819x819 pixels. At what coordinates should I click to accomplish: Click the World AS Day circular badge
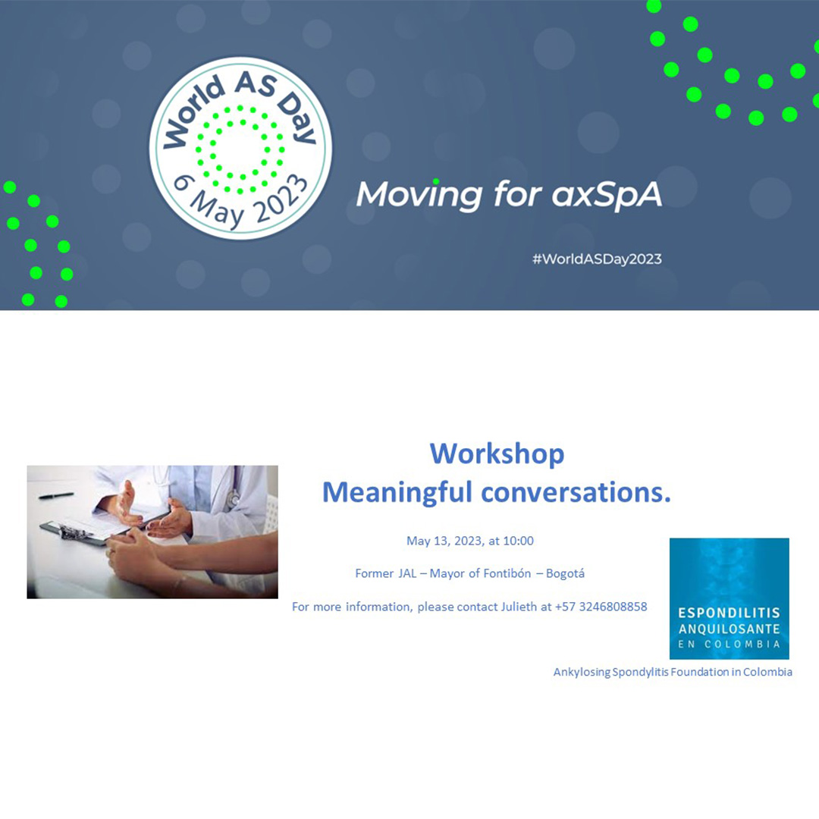click(240, 149)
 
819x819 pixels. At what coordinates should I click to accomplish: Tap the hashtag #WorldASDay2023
click(597, 259)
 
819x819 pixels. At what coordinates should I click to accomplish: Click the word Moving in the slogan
click(419, 196)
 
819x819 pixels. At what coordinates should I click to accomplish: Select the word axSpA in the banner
click(607, 196)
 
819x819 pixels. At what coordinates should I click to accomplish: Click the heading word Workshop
click(497, 453)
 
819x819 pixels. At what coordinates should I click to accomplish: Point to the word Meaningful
click(397, 493)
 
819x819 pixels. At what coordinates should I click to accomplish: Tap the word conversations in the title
click(572, 493)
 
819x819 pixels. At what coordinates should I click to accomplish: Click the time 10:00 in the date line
click(518, 541)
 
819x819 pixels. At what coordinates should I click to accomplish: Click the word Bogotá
click(565, 573)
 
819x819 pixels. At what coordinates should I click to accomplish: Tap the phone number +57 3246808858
click(601, 607)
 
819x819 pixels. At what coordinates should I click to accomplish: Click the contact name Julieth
click(519, 607)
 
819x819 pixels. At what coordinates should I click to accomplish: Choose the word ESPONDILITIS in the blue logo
click(730, 613)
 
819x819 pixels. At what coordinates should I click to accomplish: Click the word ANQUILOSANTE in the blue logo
click(730, 629)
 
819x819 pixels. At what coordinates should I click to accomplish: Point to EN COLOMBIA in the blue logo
click(730, 644)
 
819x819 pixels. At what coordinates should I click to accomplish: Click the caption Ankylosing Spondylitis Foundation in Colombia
click(673, 672)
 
